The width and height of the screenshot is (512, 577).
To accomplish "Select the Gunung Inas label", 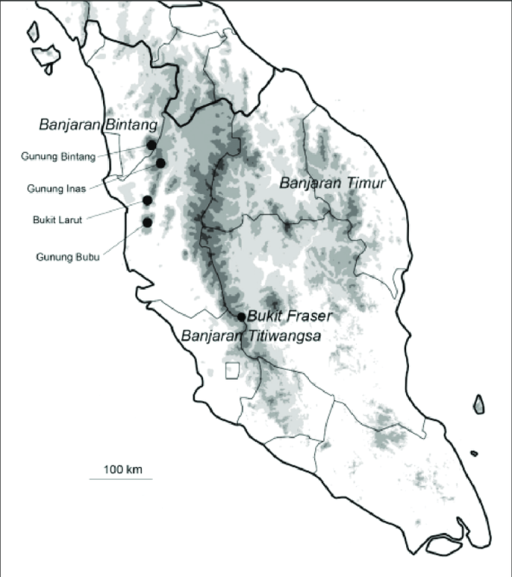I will pos(56,188).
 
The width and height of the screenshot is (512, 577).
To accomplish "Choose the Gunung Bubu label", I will pos(68,256).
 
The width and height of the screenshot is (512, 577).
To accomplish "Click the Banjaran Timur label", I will pos(333,183).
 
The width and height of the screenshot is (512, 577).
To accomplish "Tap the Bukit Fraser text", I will pos(285,316).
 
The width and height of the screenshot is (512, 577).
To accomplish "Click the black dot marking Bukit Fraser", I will pos(241,316).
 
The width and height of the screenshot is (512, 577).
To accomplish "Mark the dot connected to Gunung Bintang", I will pos(151,144).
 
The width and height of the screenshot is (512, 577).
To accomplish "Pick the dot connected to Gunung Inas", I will pos(161,163).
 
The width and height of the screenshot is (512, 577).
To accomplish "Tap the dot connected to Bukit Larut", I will pos(147,200).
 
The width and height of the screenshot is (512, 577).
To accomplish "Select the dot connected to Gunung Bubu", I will pos(147,222).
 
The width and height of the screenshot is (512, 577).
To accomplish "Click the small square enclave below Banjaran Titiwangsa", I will pos(233,369).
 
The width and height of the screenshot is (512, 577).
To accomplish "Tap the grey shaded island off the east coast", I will pos(479,405).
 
